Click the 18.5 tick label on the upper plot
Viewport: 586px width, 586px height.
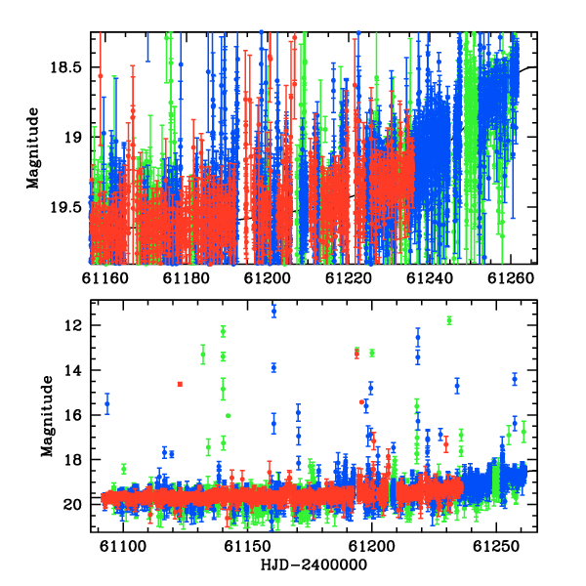[x=65, y=67]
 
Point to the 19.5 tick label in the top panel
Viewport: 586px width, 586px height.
[x=65, y=207]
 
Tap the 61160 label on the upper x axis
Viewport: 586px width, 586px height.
[x=105, y=278]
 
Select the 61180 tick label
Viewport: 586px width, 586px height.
[x=187, y=278]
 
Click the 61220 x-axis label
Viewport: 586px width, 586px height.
[x=349, y=278]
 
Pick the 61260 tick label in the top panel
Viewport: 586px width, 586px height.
[x=511, y=278]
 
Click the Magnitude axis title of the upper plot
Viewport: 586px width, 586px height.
[x=33, y=148]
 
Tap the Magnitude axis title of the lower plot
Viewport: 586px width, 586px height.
[x=47, y=416]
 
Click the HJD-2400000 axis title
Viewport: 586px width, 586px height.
[x=314, y=565]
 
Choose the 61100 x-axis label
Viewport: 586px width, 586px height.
[x=123, y=547]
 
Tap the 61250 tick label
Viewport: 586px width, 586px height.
[x=496, y=547]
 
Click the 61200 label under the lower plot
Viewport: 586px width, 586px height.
[x=372, y=547]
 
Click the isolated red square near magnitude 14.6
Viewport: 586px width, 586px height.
[x=180, y=384]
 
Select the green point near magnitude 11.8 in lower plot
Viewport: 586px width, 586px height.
[x=449, y=320]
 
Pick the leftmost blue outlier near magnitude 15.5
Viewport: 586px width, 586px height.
[x=107, y=403]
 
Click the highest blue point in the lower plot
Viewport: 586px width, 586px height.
[x=273, y=311]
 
